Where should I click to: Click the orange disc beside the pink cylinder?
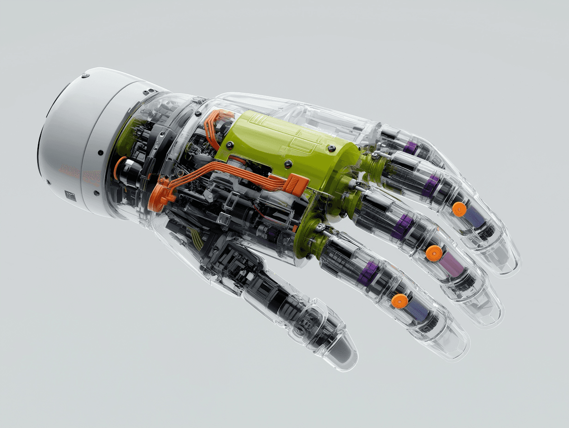(x=433, y=254)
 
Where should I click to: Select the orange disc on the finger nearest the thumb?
(x=400, y=301)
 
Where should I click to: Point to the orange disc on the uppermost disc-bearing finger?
(x=459, y=209)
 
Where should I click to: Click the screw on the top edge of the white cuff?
(x=85, y=75)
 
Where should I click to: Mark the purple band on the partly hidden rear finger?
(x=410, y=148)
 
